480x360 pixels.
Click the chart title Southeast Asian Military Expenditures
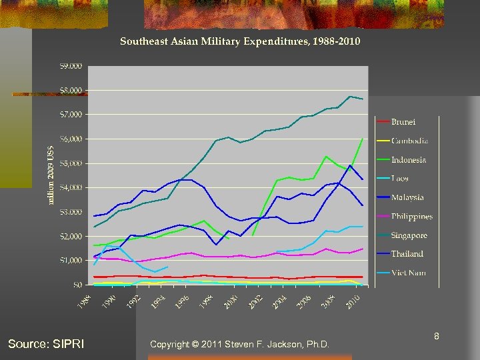(240, 41)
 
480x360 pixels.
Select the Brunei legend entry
(403, 122)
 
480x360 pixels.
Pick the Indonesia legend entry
(408, 160)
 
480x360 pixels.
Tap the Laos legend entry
(400, 179)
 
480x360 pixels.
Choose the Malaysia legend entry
(407, 197)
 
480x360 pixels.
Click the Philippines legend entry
(411, 217)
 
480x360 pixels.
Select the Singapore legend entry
(409, 235)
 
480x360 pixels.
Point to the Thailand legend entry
(407, 254)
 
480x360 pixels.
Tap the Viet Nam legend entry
(408, 273)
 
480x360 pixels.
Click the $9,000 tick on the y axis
(71, 66)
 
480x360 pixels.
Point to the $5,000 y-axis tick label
(71, 163)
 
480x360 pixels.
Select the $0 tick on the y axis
(77, 285)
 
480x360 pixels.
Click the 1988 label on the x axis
(83, 301)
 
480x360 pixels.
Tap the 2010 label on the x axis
(353, 301)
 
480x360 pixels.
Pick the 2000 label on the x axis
(230, 301)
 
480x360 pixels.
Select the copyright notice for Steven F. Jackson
(239, 344)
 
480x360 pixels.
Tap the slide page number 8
(436, 337)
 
